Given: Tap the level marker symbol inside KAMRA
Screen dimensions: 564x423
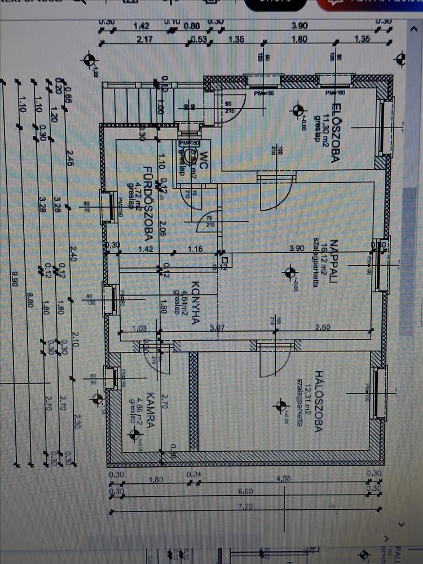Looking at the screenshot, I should (x=134, y=434).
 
